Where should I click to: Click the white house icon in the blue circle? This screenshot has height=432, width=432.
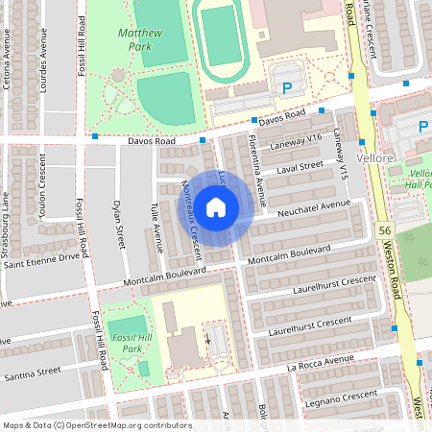tap(216, 206)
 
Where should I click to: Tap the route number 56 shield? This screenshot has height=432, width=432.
tap(384, 231)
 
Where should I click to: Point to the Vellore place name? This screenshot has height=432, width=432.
tap(374, 156)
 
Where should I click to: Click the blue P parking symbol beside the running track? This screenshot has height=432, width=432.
tap(285, 88)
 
